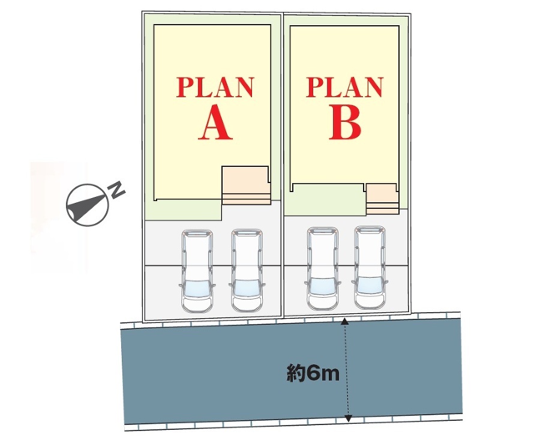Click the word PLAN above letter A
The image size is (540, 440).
pyautogui.click(x=215, y=88)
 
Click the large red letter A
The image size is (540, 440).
pyautogui.click(x=215, y=124)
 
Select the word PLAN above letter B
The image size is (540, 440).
pyautogui.click(x=344, y=88)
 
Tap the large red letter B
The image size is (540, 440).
pyautogui.click(x=345, y=124)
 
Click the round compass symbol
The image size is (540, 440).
pyautogui.click(x=86, y=204)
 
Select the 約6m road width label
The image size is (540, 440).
pyautogui.click(x=313, y=374)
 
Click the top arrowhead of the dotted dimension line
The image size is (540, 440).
pyautogui.click(x=345, y=322)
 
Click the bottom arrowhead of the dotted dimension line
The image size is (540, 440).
pyautogui.click(x=348, y=418)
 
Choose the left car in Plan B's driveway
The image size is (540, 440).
pyautogui.click(x=322, y=268)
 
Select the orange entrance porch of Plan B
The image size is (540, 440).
pyautogui.click(x=382, y=197)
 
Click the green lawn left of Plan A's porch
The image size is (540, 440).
pyautogui.click(x=183, y=210)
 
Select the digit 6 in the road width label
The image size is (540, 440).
pyautogui.click(x=313, y=374)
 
